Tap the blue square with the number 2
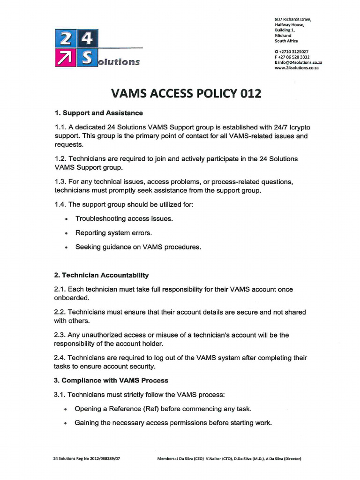coord(62,38)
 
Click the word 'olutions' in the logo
coord(119,62)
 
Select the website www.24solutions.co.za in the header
coord(296,68)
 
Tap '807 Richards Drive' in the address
coord(292,19)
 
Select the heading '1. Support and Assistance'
coord(98,113)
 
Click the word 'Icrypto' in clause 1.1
coord(297,127)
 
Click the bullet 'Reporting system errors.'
coord(113,232)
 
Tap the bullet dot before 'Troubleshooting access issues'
coord(67,219)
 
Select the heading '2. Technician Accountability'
coord(101,275)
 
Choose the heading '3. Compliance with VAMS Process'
coord(111,380)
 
